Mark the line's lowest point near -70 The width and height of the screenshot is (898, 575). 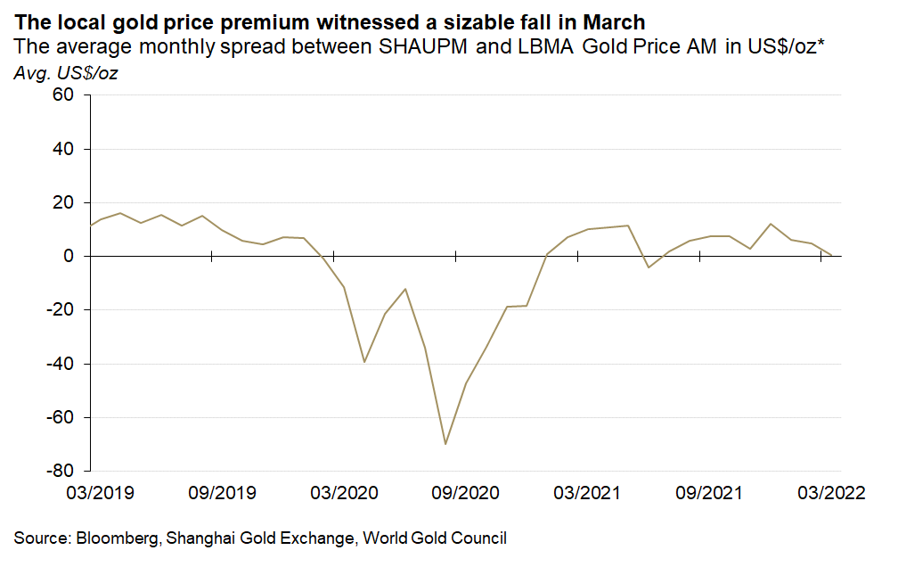(x=445, y=443)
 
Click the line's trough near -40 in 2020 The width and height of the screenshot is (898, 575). (x=364, y=362)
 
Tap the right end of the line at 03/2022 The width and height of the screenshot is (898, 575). (x=832, y=255)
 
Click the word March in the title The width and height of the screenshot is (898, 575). (x=614, y=21)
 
